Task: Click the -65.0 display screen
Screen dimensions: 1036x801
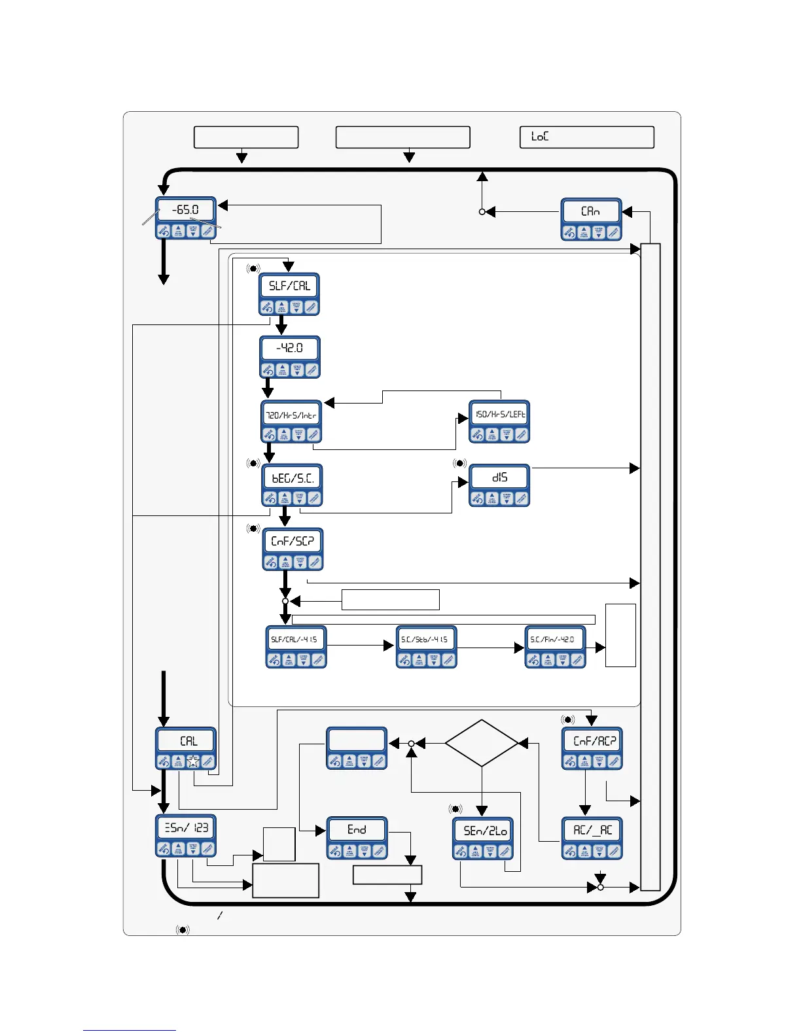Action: (x=185, y=210)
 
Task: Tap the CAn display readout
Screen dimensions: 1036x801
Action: (x=591, y=211)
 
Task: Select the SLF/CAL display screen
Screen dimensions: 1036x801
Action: (x=289, y=286)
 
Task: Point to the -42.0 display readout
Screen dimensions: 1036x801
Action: (x=290, y=348)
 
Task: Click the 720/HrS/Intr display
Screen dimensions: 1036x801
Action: (x=291, y=415)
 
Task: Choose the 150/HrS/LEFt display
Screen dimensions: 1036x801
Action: (x=499, y=414)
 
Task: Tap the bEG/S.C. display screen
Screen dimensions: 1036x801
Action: (x=293, y=478)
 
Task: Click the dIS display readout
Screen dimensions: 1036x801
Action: (x=499, y=477)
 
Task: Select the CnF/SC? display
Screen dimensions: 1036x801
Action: (x=293, y=541)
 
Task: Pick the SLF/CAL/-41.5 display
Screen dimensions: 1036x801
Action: (x=295, y=639)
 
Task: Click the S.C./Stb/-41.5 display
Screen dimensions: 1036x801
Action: (x=426, y=639)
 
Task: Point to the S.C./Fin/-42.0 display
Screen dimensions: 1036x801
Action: (x=555, y=639)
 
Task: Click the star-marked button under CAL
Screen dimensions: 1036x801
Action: (x=193, y=761)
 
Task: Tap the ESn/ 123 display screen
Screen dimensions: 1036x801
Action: (x=186, y=828)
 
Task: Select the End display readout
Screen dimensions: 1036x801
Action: (x=357, y=829)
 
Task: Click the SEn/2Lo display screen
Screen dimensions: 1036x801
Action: (x=484, y=831)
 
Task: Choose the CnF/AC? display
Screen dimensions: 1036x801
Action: (x=592, y=741)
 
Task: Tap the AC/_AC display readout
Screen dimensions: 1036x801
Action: (x=592, y=830)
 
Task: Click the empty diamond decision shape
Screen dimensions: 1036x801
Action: (x=482, y=743)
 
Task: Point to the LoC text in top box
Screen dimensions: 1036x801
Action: (x=540, y=137)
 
